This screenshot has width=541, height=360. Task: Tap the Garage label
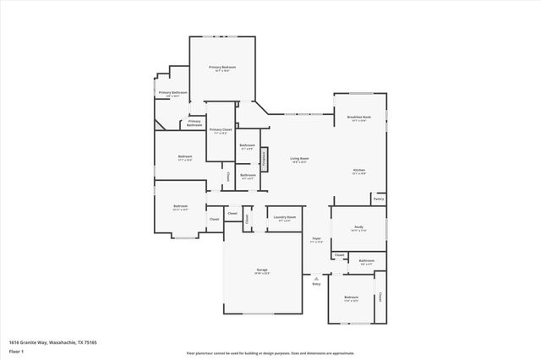[x=262, y=271]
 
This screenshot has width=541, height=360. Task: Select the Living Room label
[x=299, y=160]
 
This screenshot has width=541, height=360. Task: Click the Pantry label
[x=378, y=199]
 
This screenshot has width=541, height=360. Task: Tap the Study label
[x=358, y=227]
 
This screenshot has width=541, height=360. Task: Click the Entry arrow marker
[x=316, y=278]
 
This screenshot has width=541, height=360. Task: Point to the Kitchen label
[x=359, y=172]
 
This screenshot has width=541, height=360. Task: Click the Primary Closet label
[x=221, y=131]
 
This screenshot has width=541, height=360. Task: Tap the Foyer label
[x=316, y=240]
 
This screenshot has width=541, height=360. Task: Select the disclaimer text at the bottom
[x=270, y=352]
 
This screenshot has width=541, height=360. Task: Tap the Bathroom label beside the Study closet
[x=366, y=262]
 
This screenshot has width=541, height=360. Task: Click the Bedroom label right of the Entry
[x=351, y=298]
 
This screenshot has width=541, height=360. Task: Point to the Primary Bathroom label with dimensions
[x=172, y=94]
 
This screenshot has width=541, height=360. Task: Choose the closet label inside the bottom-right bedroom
[x=380, y=297]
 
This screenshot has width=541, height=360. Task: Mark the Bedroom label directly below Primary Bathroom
[x=184, y=157]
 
